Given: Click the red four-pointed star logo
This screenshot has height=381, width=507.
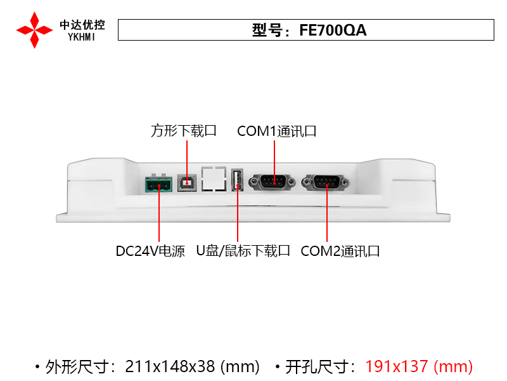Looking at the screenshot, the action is coord(34,30).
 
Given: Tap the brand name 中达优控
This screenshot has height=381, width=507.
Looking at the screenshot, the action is coord(82,25).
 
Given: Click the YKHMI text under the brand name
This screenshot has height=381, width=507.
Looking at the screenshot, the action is coord(82,37).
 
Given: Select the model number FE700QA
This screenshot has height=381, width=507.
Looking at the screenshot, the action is coord(333,30).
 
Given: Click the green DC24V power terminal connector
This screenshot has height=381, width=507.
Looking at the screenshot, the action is coord(158,184).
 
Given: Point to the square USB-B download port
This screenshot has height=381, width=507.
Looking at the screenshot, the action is coord(187,183).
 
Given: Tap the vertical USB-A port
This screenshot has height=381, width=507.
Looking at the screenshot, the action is coord(237,180).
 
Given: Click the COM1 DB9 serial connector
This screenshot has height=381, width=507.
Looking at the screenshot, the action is coord(272,182).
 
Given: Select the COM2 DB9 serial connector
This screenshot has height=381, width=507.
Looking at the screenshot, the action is coord(325,182).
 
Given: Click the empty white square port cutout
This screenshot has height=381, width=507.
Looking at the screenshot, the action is coord(214,179).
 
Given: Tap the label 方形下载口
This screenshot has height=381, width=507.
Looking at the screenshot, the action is coord(184,131).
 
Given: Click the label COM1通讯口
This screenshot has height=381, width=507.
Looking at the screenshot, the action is coord(277,131).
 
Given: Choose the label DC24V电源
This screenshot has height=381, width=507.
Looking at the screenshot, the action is coord(150,251).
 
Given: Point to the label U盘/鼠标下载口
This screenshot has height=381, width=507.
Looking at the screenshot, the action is coord(243,251).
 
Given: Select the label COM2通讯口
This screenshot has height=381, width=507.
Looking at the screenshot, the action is coord(340,251).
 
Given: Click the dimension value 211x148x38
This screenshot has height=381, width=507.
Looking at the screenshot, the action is coord(170,366).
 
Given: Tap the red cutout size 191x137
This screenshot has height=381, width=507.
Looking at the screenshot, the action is coord(397,366).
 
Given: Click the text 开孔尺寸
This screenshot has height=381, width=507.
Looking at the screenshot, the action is coord(316,367).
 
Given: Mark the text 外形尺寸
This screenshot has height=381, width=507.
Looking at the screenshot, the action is coord(77,367).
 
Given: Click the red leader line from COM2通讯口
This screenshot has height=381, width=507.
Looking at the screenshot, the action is coord(327,213).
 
